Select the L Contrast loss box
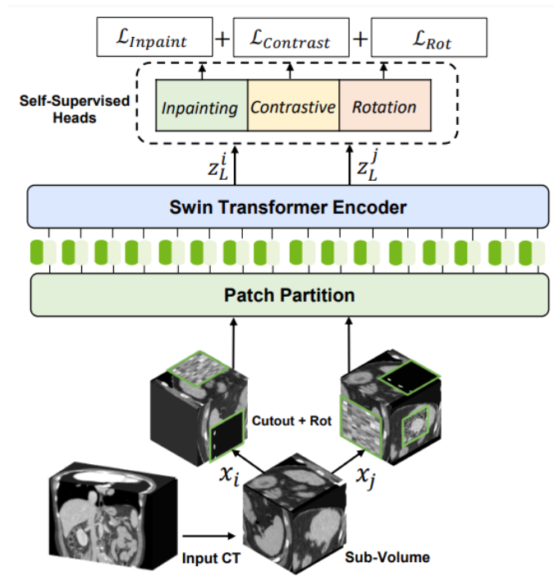click(x=291, y=38)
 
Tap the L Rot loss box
click(x=428, y=38)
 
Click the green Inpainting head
click(x=199, y=107)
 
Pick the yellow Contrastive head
click(x=292, y=107)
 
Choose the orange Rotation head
click(x=384, y=107)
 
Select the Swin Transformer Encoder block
click(x=288, y=207)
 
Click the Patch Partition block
click(x=288, y=294)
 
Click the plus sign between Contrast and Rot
click(x=359, y=38)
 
